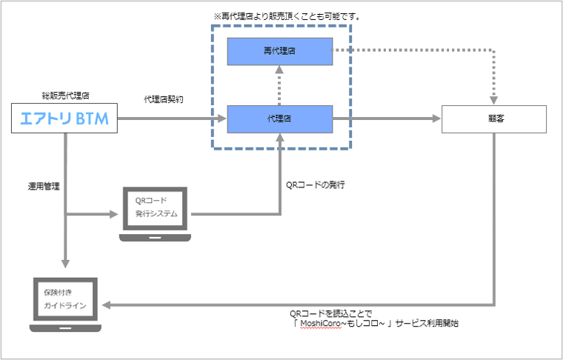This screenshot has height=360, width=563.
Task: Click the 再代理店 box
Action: pos(279,50)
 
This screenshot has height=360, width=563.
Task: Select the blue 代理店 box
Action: pos(279,119)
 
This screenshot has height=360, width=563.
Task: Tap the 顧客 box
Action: pos(494,119)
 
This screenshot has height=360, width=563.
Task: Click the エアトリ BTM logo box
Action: pos(65,119)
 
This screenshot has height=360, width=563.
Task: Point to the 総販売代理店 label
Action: pos(64,96)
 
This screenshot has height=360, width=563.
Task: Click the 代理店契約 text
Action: pos(164,99)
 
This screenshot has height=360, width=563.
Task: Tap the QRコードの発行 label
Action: pos(316,184)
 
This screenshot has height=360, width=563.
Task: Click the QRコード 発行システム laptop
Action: pos(154,212)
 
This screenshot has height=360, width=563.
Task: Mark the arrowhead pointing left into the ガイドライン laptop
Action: pos(108,304)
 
